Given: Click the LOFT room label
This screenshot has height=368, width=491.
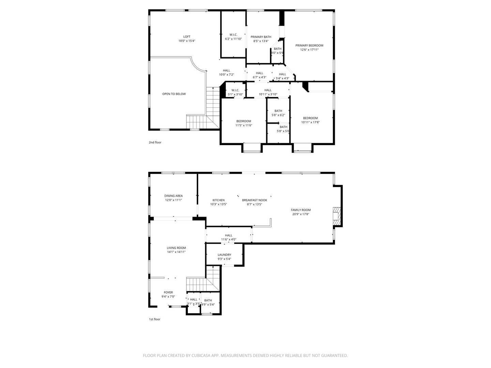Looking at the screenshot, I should point(187,36).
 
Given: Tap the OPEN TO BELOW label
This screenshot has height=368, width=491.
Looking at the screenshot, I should point(174,94).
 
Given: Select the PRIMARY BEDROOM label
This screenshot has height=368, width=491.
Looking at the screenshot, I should point(309,45).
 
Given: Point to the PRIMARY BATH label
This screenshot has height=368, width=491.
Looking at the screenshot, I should point(261,37).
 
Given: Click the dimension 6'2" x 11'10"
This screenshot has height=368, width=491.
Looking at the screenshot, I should point(233,39).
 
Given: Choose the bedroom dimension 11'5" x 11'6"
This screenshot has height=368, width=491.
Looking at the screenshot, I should point(244,125).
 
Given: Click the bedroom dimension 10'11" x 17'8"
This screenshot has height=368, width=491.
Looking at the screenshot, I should point(310,122).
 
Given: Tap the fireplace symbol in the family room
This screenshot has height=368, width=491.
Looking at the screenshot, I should point(337,216).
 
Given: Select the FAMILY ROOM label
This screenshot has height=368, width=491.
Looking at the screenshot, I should point(301,210).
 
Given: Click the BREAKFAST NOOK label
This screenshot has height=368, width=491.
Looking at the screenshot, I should point(254,200).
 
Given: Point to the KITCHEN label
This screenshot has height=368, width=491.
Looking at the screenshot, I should point(219,200).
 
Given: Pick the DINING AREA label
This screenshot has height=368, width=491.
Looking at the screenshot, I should point(174,196).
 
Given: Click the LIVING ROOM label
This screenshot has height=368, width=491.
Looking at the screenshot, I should point(176,248).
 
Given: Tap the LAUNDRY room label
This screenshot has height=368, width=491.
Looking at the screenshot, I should point(224,255).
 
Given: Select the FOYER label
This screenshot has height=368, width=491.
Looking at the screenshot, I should point(168,292).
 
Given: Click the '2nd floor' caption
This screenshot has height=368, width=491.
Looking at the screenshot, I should point(155,142).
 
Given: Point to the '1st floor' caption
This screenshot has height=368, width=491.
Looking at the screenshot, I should point(154,319).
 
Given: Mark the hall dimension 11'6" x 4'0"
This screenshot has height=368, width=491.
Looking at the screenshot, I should point(228,240).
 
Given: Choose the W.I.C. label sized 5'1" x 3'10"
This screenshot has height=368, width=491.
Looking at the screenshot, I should point(235,90).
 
